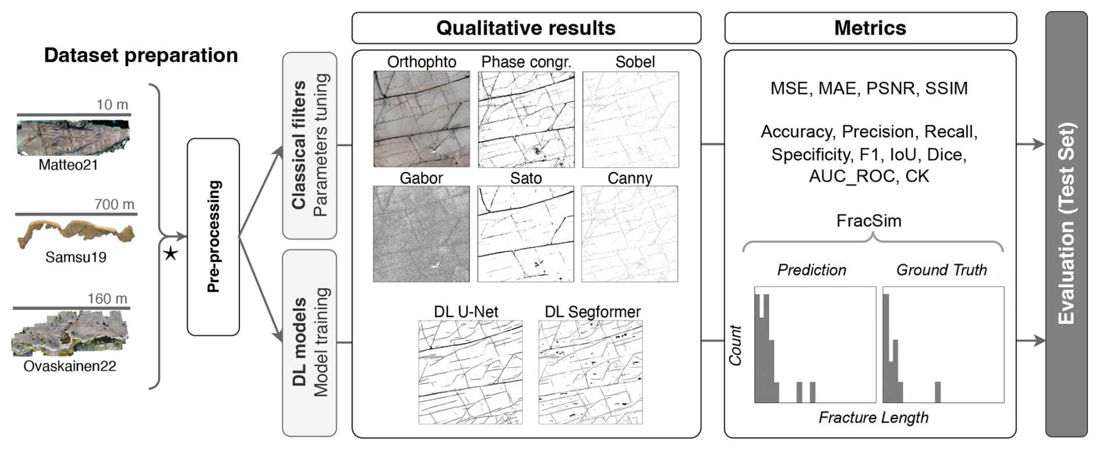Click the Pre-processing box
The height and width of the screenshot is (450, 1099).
[x=213, y=237]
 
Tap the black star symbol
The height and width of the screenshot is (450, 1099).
[x=171, y=254]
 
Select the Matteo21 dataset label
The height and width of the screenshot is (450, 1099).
[x=69, y=165]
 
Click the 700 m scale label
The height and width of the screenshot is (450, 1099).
[x=114, y=204]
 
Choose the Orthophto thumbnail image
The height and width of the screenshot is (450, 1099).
[x=422, y=119]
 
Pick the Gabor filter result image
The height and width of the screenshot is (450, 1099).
[x=421, y=234]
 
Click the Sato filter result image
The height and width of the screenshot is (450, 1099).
[x=526, y=234]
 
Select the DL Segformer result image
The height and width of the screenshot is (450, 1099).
[x=591, y=372]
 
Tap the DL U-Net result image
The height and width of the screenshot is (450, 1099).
[x=471, y=372]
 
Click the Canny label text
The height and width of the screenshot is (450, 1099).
[x=630, y=178]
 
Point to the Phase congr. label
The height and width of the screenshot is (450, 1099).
[x=526, y=62]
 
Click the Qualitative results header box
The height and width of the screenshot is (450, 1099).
[x=526, y=28]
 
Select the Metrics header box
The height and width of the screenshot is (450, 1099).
[x=871, y=28]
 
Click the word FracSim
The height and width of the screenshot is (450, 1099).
[x=869, y=221]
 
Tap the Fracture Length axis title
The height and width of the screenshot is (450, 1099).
[x=874, y=417]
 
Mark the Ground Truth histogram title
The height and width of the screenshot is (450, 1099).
[x=942, y=270]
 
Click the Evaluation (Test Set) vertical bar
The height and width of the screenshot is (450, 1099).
[x=1066, y=224]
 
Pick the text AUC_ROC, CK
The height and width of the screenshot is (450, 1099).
[x=869, y=177]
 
